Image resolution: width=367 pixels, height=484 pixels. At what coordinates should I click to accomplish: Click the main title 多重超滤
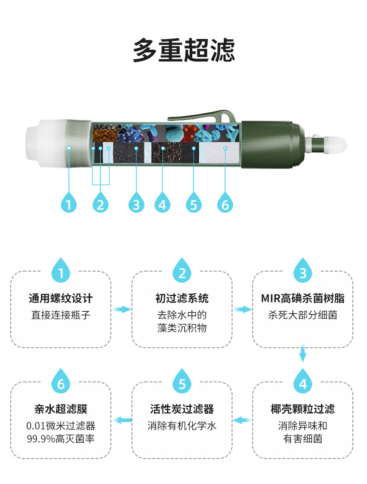(x=183, y=50)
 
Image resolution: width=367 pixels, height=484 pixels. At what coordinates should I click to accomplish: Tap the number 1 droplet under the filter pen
(x=69, y=202)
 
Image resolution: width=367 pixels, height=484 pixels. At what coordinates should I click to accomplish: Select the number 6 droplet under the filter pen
(x=225, y=202)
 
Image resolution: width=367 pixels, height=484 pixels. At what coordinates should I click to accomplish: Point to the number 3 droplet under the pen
(x=136, y=202)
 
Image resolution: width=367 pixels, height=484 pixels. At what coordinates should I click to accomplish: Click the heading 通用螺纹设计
(x=61, y=298)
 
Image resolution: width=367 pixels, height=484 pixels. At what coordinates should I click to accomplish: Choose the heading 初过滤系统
(x=182, y=298)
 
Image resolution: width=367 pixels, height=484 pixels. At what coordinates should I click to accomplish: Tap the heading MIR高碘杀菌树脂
(x=302, y=298)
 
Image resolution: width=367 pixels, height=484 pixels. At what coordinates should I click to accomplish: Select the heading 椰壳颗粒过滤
(x=302, y=409)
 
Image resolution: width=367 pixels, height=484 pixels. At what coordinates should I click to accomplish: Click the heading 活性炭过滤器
(x=182, y=409)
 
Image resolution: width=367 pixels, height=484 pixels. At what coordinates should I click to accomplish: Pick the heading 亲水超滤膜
(x=61, y=409)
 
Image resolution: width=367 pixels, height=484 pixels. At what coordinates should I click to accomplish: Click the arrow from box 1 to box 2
(x=122, y=309)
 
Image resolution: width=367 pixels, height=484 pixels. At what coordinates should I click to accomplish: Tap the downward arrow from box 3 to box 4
(x=302, y=353)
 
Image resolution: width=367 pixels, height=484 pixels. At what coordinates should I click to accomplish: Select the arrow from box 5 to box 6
(x=122, y=420)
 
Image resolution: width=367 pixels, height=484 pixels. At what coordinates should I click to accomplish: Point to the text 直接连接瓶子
(x=61, y=315)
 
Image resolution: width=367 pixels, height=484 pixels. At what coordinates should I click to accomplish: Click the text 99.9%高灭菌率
(x=61, y=439)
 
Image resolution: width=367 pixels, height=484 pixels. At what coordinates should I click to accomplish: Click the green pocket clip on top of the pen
(x=202, y=116)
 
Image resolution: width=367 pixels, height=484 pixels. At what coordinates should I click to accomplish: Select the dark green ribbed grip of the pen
(x=267, y=145)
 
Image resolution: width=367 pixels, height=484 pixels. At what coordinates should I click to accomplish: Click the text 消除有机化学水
(x=182, y=426)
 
